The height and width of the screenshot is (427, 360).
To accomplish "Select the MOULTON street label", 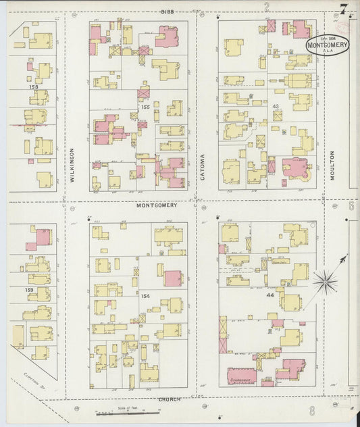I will click(x=332, y=164).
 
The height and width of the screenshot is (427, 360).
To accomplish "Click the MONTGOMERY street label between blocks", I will click(x=157, y=205).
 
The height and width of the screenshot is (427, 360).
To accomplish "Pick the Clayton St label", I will click(x=32, y=388).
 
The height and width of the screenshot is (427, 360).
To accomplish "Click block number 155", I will click(x=145, y=107).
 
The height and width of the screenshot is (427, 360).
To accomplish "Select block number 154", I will click(x=145, y=296).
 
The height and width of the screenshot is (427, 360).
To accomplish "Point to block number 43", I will click(x=275, y=107).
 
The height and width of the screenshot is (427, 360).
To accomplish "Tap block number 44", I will click(x=270, y=295).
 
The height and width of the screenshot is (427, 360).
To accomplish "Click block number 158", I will click(x=32, y=87).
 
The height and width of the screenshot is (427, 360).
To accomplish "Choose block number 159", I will click(x=30, y=290).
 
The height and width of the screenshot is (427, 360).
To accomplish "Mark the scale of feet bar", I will click(x=122, y=412).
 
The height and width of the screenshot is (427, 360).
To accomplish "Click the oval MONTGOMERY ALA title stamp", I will click(x=328, y=45).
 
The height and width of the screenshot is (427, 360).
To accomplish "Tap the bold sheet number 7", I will click(x=344, y=9).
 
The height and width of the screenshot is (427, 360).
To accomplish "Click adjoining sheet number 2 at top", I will click(x=267, y=7).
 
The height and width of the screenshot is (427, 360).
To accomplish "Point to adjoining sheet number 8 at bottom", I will click(x=312, y=410).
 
